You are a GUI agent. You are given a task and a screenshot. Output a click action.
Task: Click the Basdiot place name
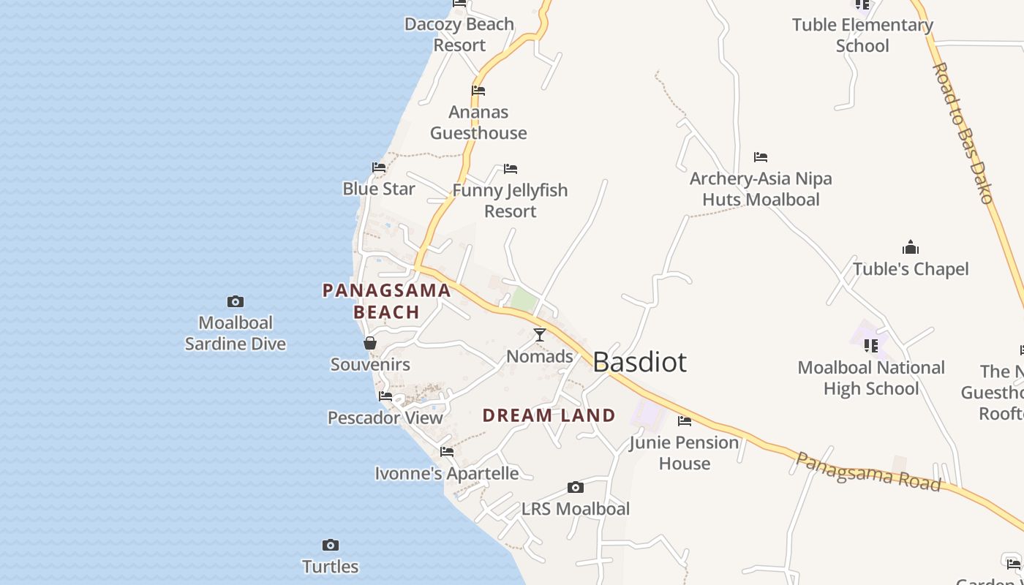click(639, 362)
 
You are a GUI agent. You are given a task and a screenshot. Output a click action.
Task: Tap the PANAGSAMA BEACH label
click(386, 301)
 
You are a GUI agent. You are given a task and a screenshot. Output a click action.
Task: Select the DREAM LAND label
click(549, 415)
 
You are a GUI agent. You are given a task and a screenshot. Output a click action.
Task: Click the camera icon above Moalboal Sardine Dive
click(235, 301)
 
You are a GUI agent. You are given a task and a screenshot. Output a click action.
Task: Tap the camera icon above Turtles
click(331, 545)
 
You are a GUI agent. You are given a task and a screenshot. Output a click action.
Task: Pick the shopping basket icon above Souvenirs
click(370, 343)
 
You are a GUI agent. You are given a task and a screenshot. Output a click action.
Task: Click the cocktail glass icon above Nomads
click(540, 335)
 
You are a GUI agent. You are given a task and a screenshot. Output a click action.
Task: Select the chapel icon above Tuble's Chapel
click(911, 247)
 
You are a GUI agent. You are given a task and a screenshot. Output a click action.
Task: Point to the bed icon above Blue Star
click(379, 167)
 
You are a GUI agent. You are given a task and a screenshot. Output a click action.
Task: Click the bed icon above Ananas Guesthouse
click(478, 91)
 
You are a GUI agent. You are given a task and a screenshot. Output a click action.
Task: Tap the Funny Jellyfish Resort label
click(510, 200)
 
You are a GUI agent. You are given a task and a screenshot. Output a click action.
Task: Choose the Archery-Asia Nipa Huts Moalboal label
click(761, 189)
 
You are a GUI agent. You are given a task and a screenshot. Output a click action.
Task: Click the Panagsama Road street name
click(867, 472)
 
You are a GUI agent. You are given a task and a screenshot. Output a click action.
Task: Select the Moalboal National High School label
click(871, 378)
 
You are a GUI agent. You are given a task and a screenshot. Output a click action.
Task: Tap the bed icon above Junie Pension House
click(685, 420)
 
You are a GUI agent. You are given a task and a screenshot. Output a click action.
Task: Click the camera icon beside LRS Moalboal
click(576, 487)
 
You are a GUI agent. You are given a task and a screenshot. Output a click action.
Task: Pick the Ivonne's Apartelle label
click(447, 473)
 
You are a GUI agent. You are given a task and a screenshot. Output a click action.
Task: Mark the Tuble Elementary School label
click(862, 35)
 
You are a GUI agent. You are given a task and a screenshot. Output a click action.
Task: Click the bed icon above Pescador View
click(385, 396)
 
